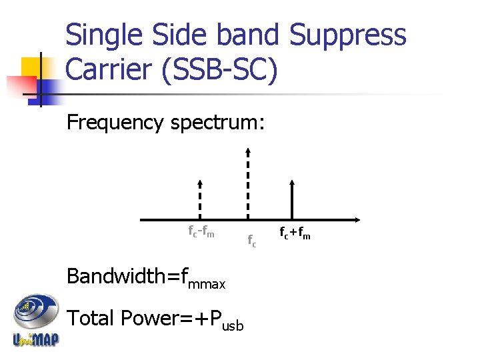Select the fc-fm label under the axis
pos(201,233)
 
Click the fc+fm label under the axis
pos(295,233)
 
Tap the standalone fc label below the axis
pos(251,241)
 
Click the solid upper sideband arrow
pos(292,199)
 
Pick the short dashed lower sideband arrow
pos(201,199)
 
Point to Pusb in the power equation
pos(227,321)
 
